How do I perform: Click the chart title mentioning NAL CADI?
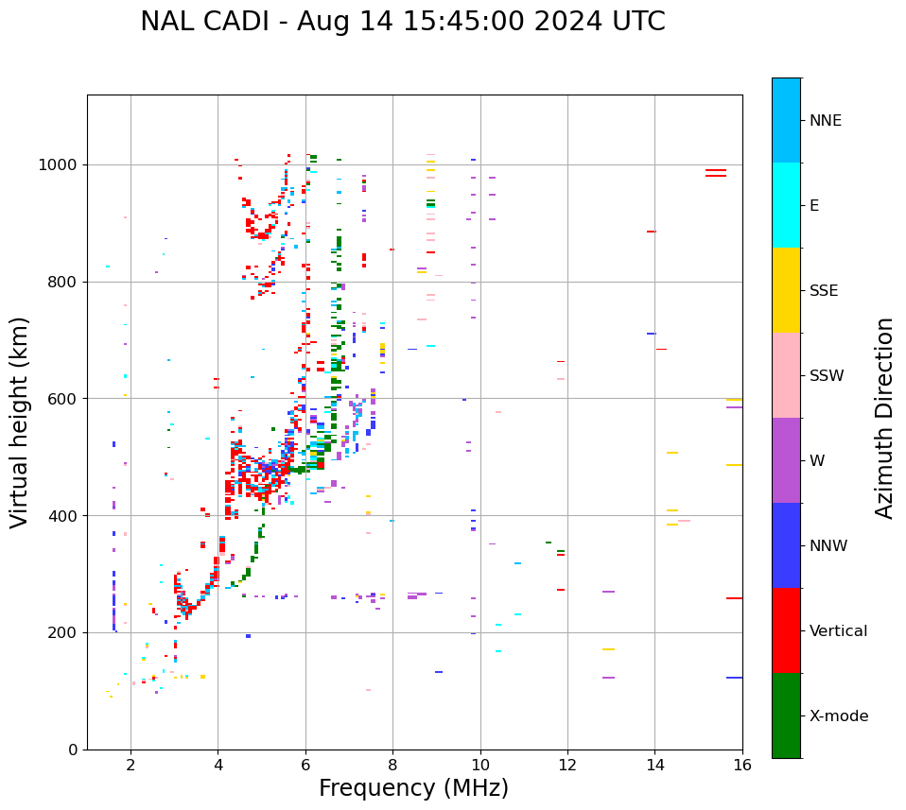(402, 22)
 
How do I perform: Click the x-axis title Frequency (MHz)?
(413, 788)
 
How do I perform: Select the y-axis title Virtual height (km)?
(20, 422)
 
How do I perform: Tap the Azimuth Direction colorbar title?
(884, 418)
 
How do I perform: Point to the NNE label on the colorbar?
(826, 121)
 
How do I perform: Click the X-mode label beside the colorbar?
(839, 716)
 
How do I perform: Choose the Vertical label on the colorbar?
(838, 631)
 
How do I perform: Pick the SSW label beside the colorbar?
(827, 376)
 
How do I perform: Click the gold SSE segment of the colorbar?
(786, 290)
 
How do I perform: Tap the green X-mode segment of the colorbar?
(786, 715)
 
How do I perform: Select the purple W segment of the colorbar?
(786, 460)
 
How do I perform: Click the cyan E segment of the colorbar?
(786, 205)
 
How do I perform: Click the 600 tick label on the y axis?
(67, 399)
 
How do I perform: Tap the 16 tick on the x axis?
(742, 765)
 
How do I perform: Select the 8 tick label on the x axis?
(392, 765)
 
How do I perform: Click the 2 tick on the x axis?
(131, 765)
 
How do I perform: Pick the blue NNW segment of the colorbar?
(786, 545)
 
